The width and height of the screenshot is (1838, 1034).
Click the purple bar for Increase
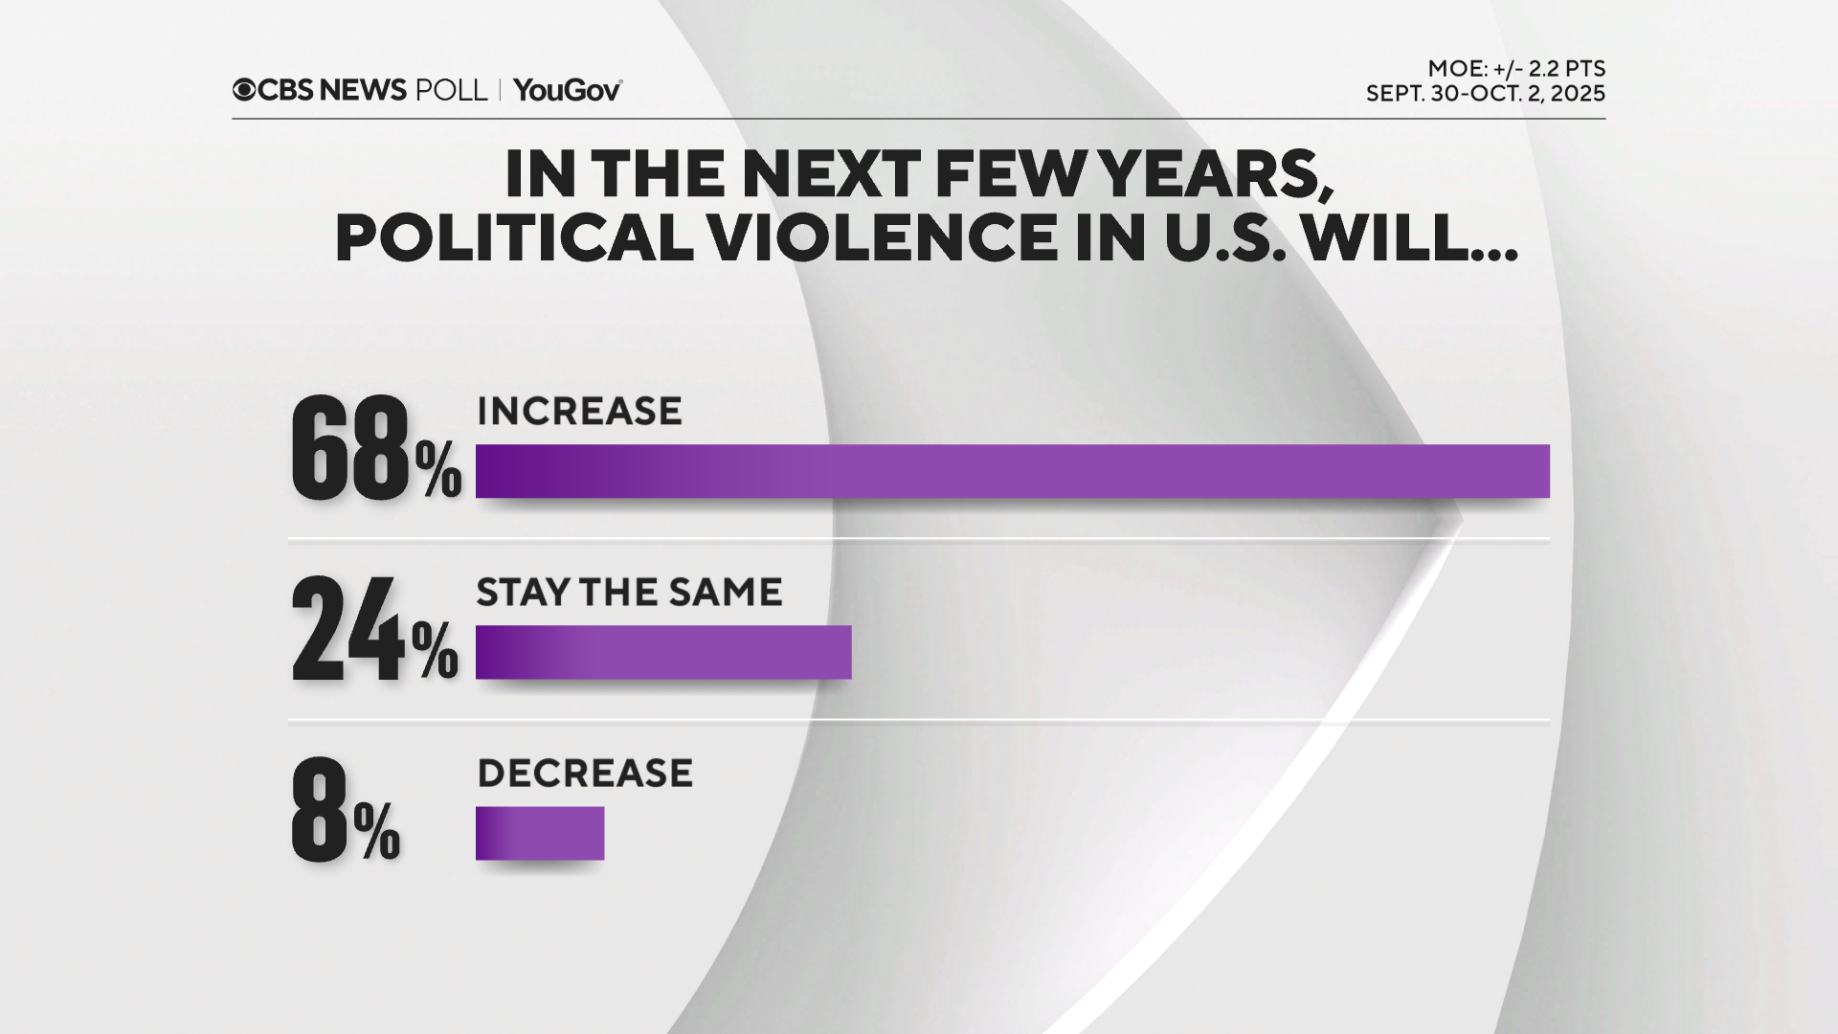tap(1012, 471)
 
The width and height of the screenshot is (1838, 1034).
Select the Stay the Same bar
tap(662, 652)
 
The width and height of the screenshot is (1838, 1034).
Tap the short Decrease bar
tap(539, 833)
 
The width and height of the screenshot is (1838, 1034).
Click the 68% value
tap(375, 450)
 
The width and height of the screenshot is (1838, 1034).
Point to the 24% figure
tap(373, 631)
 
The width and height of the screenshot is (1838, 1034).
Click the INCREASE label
tap(579, 412)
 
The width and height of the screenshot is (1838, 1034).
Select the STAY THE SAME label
tap(629, 593)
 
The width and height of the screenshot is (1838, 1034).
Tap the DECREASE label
tap(585, 774)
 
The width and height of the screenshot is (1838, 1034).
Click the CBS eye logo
tap(244, 90)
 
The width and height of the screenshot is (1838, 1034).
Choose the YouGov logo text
tap(567, 90)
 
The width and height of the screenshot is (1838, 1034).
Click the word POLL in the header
tap(451, 90)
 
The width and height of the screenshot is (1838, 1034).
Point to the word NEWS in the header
tap(363, 90)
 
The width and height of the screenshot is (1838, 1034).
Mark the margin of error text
tap(1515, 69)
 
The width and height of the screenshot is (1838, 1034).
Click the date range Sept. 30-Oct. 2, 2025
tap(1485, 94)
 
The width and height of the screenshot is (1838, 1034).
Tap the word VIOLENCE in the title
tap(883, 237)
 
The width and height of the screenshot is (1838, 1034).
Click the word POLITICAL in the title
tap(514, 237)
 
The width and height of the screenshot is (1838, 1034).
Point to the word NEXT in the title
tap(830, 175)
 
